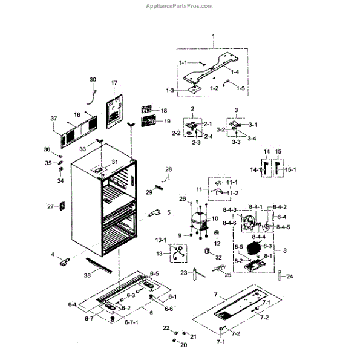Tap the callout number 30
[93, 80]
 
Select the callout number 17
[114, 82]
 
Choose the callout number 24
[289, 277]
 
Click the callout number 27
[51, 206]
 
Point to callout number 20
[184, 345]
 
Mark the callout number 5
[169, 212]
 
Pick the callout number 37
[53, 118]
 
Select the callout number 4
[53, 254]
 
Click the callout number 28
[169, 169]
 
